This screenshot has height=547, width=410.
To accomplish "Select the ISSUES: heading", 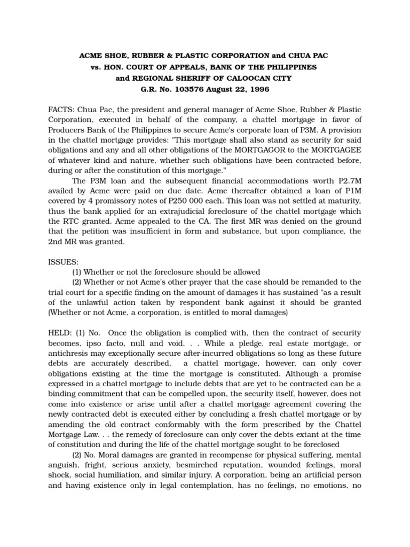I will pos(64,262).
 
